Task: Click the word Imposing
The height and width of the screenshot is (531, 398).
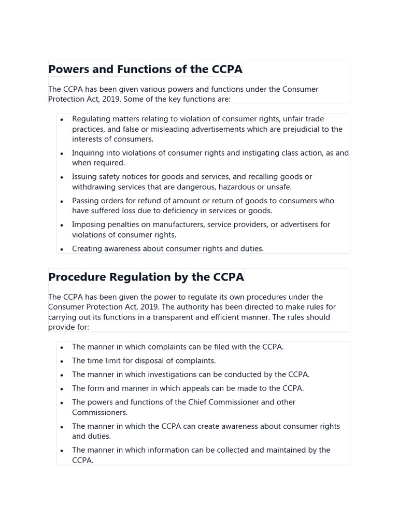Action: pos(88,225)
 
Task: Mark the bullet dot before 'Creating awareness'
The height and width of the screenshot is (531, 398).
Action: pos(62,249)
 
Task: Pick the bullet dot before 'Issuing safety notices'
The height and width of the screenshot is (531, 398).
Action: pos(62,177)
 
